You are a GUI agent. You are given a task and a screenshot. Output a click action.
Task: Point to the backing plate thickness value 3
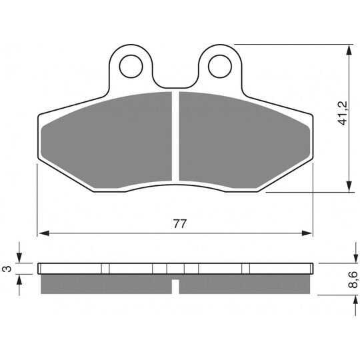6,269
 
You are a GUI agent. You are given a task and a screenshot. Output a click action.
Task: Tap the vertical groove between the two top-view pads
176,137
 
